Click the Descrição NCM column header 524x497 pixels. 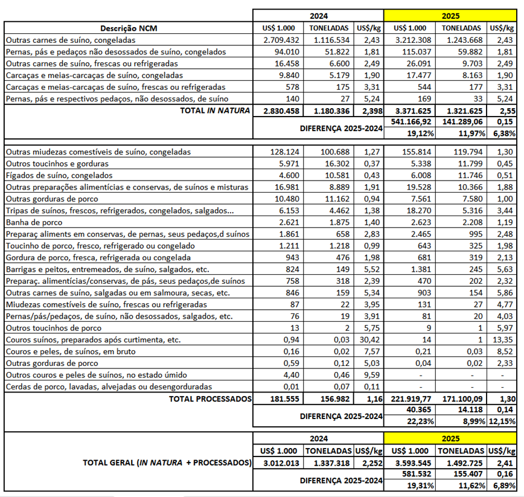tap(129, 28)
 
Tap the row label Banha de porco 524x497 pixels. tap(31, 222)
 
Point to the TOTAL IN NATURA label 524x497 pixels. tap(209, 111)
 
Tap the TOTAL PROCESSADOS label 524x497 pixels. tap(209, 399)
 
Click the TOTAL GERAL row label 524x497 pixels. tap(167, 463)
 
